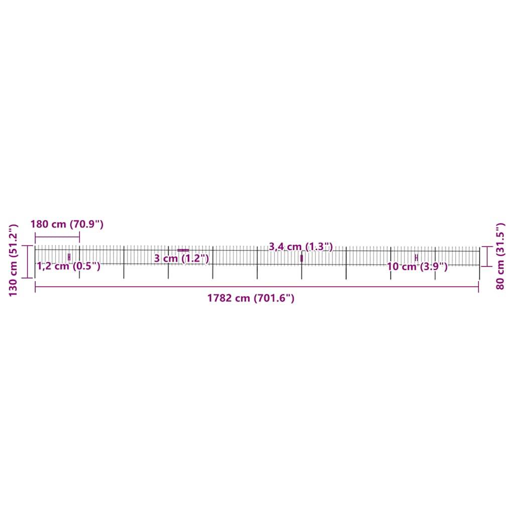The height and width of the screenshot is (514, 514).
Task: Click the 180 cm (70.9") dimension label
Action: [67, 224]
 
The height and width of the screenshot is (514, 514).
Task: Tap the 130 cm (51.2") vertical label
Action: [14, 260]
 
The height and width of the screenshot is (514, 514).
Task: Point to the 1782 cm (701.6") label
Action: [251, 298]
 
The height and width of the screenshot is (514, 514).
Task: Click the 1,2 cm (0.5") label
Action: [69, 267]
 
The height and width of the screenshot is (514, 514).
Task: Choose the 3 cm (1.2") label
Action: [181, 259]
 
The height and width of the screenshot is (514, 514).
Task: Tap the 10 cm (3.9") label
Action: [417, 267]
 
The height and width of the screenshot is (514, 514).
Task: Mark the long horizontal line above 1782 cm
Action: [256, 287]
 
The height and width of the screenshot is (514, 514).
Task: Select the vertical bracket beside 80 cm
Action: [486, 256]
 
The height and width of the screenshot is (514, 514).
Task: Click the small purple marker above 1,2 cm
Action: [69, 257]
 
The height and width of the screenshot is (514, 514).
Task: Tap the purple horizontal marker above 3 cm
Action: [183, 250]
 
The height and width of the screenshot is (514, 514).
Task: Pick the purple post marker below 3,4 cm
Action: [302, 258]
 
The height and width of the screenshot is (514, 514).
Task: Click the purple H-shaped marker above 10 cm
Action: [416, 258]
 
